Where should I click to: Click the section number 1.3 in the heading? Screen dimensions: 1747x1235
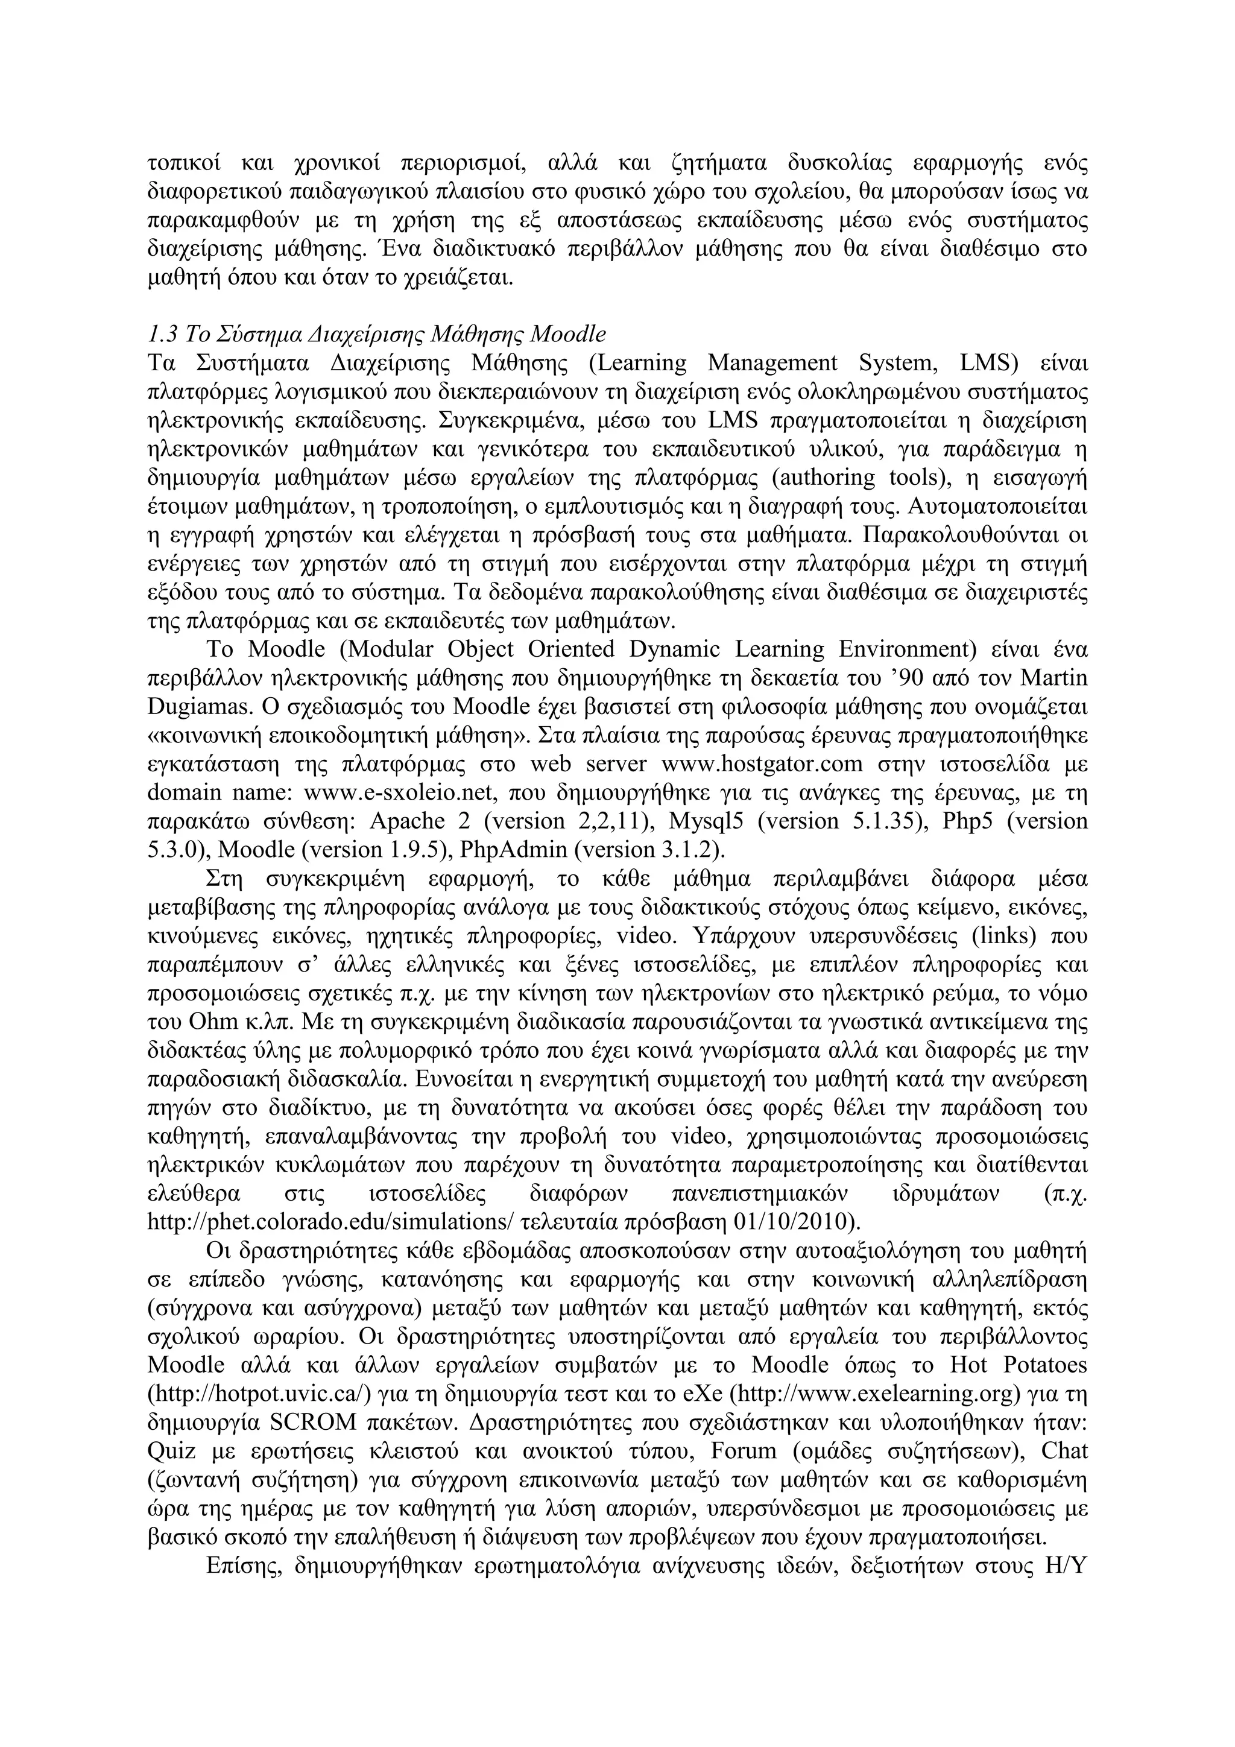click(x=163, y=334)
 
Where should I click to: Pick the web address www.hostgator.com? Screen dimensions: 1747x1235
click(x=762, y=763)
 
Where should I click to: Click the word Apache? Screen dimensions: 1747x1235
click(x=407, y=821)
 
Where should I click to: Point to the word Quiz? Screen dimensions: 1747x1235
click(x=171, y=1451)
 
